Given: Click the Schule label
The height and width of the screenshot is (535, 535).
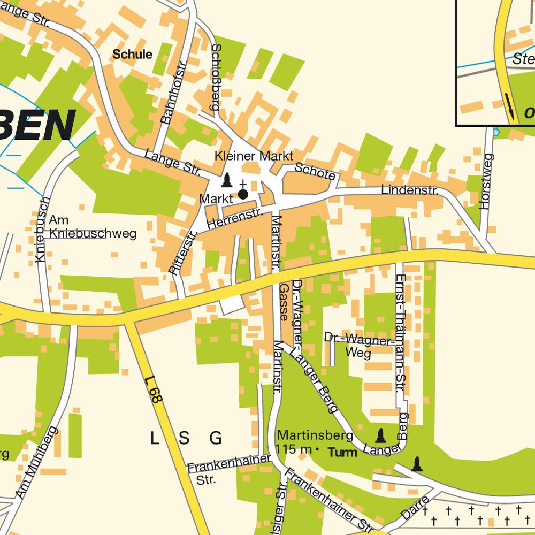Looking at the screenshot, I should point(132,54).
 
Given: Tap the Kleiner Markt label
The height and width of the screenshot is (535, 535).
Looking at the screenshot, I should point(254,156).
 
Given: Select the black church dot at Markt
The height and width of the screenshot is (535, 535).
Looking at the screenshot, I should point(243,194).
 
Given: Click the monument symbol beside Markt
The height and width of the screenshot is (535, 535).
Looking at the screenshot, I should point(227,180).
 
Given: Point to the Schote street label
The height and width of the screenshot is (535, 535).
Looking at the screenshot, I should point(315,172).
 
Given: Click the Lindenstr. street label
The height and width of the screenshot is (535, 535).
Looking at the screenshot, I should point(410,190).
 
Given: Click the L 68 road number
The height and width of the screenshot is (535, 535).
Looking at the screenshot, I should point(155,391).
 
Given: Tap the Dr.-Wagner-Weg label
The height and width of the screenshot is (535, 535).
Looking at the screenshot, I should point(358,345).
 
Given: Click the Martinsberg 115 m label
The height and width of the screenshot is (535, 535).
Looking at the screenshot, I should point(307,441).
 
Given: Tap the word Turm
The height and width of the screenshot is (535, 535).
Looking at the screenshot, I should point(342,453).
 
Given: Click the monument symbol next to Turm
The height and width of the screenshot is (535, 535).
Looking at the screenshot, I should point(380,435).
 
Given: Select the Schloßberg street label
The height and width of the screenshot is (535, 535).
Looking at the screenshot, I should point(216,77).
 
